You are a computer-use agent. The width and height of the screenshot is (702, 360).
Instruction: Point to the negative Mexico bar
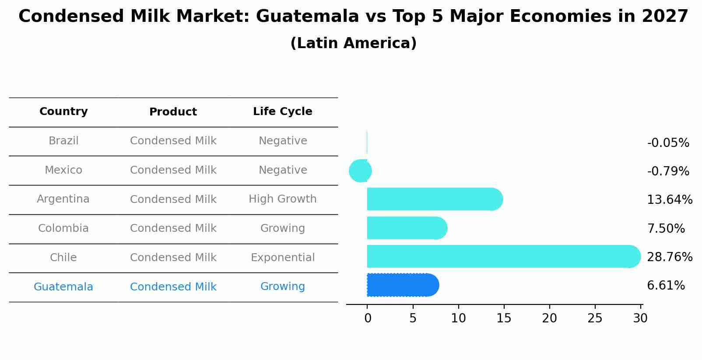tap(360, 171)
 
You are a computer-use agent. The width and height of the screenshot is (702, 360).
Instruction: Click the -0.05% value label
tap(668, 143)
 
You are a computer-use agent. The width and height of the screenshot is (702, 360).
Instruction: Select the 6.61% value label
tap(666, 286)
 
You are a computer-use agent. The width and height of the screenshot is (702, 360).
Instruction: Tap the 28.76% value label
tap(670, 257)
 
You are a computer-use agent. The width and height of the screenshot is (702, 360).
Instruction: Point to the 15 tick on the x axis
tap(504, 318)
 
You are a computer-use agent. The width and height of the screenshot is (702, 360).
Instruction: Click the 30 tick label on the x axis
tap(640, 318)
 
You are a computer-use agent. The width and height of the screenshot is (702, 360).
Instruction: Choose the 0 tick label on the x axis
tap(368, 318)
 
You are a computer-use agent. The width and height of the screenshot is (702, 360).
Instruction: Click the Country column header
tap(63, 112)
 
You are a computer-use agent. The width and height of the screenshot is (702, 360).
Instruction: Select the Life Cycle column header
tap(283, 112)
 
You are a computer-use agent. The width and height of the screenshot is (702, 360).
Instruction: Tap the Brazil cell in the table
tap(63, 141)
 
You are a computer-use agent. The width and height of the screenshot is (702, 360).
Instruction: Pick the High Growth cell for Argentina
tap(283, 199)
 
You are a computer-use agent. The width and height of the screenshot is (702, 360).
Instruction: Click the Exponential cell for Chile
tap(283, 258)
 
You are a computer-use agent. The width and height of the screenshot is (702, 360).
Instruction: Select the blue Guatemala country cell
tap(63, 287)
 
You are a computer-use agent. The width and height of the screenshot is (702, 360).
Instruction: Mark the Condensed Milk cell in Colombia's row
tap(173, 228)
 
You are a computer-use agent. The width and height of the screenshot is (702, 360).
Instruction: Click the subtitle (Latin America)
tap(353, 43)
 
